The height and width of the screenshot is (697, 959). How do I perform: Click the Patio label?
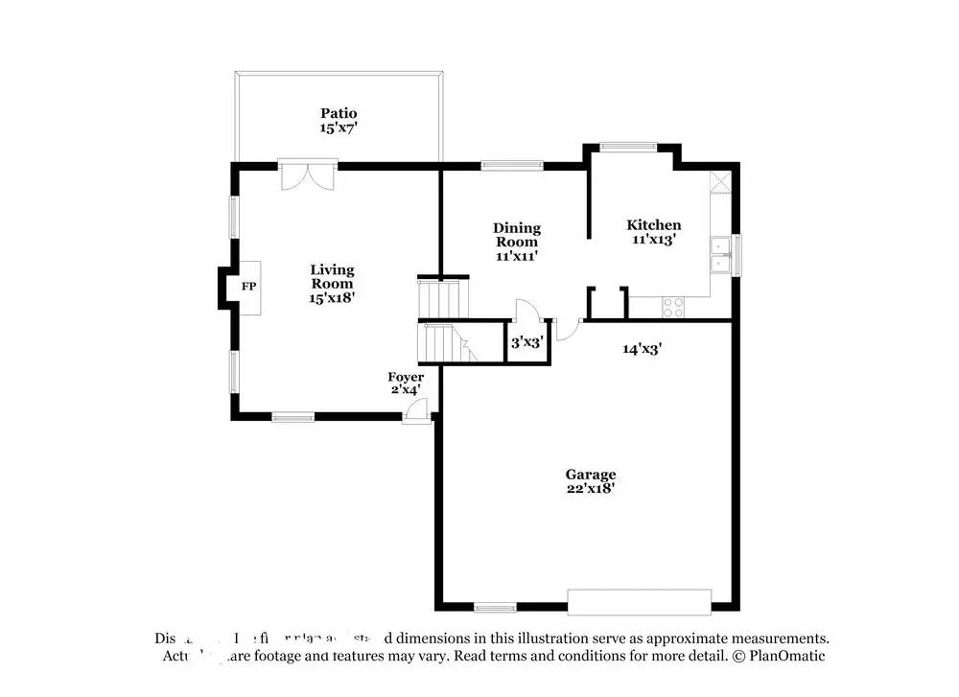coord(339,113)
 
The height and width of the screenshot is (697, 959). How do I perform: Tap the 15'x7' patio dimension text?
coord(339,127)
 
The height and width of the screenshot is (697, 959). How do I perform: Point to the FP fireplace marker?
coord(248,287)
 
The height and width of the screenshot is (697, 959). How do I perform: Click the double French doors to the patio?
coord(307,175)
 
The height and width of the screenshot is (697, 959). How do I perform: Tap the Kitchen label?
coord(654,225)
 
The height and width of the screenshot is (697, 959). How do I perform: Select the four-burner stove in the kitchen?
coord(673,307)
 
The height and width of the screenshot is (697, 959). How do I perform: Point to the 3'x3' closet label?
coord(526,341)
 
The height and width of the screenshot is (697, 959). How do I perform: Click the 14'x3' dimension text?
coord(642,350)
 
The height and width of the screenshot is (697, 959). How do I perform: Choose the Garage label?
coord(590,475)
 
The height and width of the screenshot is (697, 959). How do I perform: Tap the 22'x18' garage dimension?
coord(590,488)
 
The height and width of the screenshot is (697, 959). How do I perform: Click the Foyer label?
coord(405,377)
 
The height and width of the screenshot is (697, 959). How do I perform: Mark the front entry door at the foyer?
coord(416,411)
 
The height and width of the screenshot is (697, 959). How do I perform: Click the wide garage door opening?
coord(640,601)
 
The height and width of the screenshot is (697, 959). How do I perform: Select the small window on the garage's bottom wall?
coord(495,607)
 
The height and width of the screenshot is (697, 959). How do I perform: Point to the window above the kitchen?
coord(628,147)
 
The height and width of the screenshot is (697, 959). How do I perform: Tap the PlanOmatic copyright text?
coord(778,656)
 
